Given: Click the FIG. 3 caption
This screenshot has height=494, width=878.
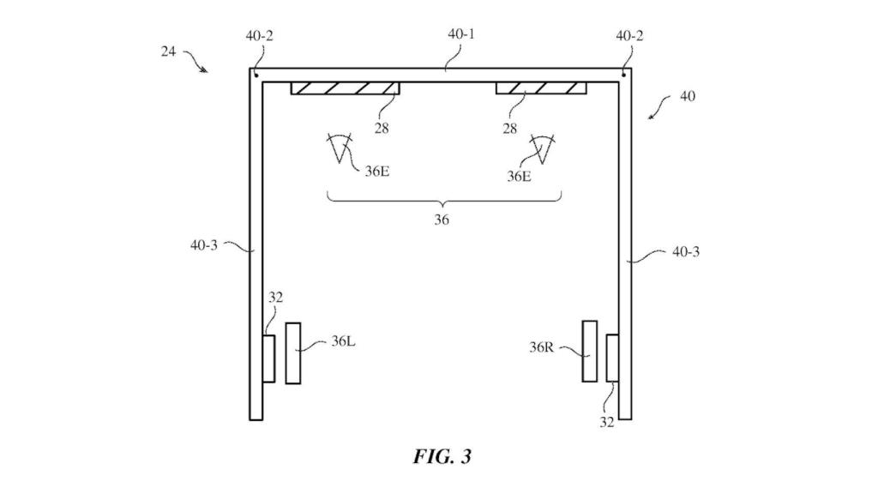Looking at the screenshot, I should pos(442,456).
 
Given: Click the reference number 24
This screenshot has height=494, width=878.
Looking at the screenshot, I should pos(169,51).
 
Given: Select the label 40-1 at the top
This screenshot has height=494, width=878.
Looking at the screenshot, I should pos(460,35).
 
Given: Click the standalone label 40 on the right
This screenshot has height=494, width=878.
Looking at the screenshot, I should pos(687,96).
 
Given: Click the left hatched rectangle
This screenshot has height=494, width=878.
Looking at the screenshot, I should pos(345,88).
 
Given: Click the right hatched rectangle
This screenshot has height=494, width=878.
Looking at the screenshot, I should pos(540,88).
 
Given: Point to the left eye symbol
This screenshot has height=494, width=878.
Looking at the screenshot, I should pos(340,148).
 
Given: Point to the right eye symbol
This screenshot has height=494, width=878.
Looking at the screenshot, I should pos(542,148).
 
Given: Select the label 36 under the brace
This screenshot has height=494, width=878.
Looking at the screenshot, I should pos(441,220).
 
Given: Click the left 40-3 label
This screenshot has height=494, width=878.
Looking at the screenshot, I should pos(205,245).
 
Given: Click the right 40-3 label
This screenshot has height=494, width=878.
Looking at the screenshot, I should pos(684,252).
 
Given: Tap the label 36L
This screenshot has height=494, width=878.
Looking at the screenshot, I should pos(344,340).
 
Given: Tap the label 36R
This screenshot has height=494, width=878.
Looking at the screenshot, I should pos(542,347).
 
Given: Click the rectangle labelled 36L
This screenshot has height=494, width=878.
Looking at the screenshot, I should pos(293,353).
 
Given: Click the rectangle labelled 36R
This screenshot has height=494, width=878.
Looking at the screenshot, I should pos(589,351).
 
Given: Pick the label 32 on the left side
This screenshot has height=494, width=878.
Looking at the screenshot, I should pos(275,298).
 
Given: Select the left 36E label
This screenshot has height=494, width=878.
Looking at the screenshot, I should pos(377,171).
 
